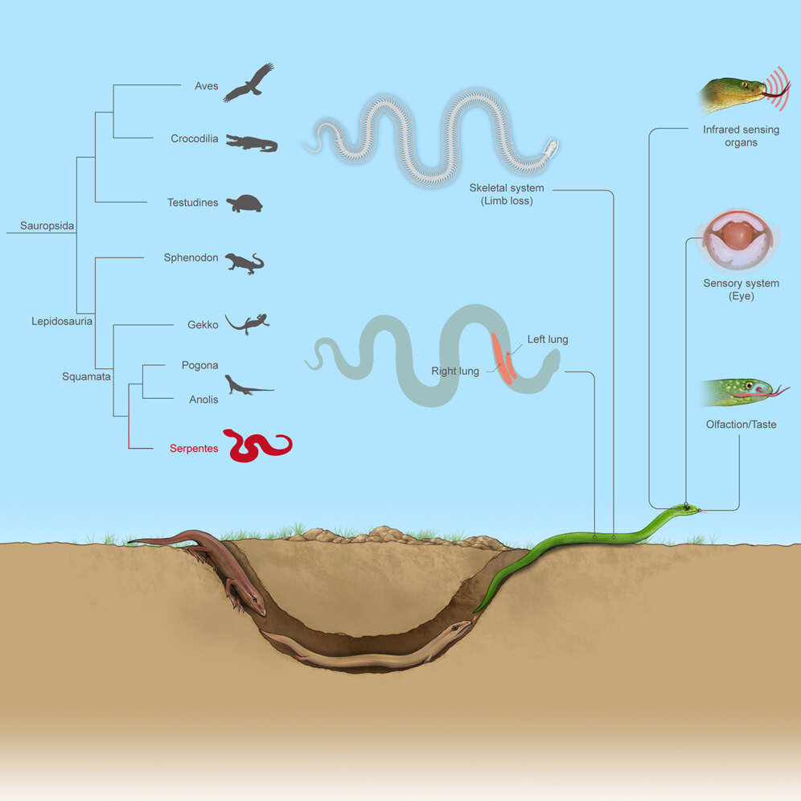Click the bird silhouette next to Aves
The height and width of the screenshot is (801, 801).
[249, 83]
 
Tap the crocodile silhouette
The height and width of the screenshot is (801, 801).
[252, 143]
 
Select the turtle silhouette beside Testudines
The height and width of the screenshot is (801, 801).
[244, 203]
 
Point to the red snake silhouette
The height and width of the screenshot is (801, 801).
[257, 446]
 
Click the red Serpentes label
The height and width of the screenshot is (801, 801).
[193, 449]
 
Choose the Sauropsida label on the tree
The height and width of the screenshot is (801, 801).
[48, 226]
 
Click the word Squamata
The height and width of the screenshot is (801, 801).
[85, 376]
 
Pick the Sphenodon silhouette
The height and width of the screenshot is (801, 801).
[244, 263]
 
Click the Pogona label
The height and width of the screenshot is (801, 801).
[199, 365]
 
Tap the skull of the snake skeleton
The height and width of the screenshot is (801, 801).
[549, 149]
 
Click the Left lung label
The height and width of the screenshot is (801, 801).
[548, 339]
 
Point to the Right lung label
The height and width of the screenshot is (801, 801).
[455, 372]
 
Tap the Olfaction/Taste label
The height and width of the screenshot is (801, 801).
[741, 424]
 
